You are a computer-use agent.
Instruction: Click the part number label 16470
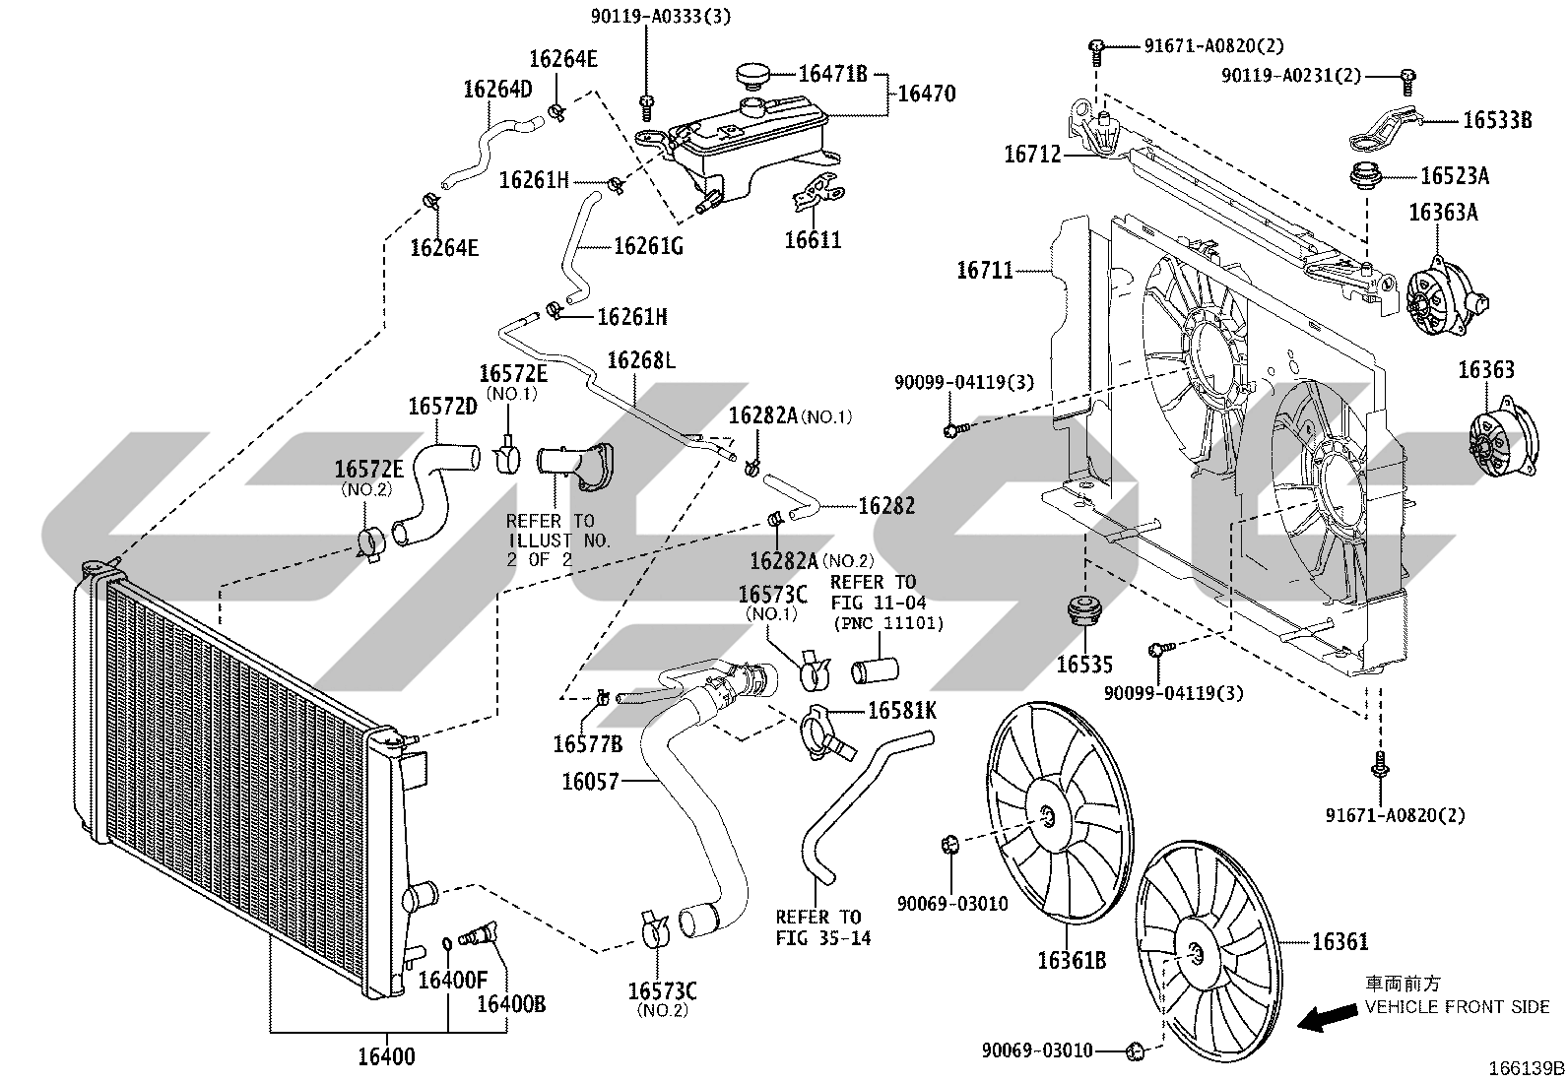926,94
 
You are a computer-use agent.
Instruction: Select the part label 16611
813,240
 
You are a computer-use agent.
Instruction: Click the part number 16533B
1497,120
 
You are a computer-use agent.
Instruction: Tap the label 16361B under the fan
1072,961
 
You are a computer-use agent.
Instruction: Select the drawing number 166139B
1526,1068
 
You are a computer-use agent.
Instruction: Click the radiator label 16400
386,1056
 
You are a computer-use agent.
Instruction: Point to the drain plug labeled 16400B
478,933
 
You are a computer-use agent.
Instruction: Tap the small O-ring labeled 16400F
446,944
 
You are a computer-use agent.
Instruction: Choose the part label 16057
591,782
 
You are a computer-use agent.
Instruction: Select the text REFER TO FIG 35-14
823,927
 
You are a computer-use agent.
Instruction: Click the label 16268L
641,360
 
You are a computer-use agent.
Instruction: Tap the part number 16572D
442,407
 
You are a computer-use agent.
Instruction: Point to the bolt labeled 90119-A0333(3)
647,107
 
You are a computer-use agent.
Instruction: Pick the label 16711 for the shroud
985,270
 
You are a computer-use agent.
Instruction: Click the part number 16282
886,506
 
